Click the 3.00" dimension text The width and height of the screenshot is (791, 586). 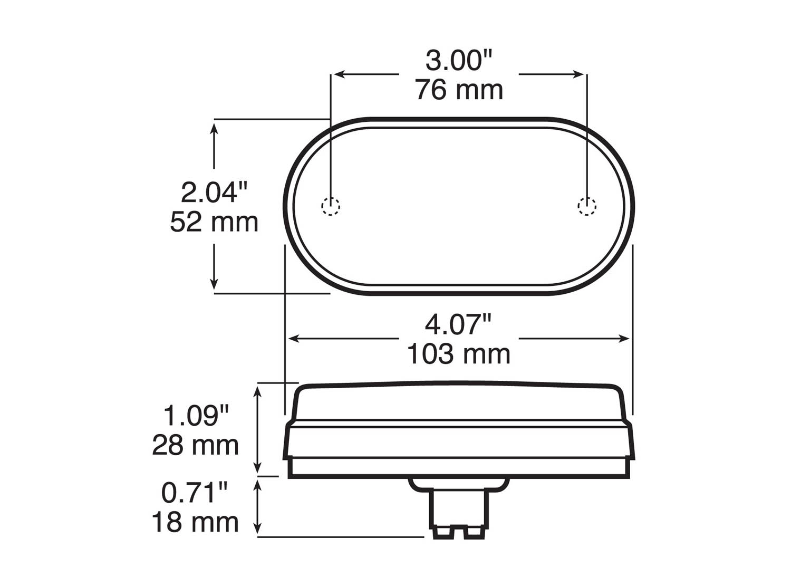[459, 61]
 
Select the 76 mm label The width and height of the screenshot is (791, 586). [459, 90]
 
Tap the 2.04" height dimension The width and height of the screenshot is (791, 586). [214, 193]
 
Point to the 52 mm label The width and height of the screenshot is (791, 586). [214, 222]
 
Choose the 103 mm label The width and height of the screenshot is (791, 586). [459, 354]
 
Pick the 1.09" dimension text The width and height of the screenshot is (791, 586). [196, 416]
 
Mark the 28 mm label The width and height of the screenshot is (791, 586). [196, 445]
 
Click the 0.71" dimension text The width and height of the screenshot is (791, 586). [195, 493]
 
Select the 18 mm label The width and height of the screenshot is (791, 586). [196, 522]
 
